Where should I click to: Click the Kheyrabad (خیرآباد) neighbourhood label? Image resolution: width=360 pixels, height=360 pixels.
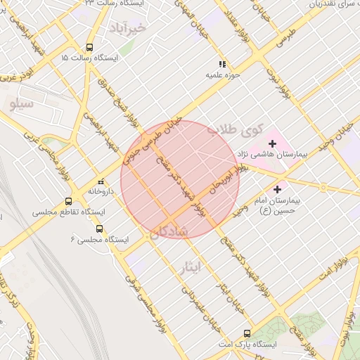tap(127, 28)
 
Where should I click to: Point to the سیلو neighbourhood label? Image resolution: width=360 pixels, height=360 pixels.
tap(22, 103)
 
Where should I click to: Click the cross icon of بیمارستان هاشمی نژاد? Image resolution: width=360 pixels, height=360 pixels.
tap(273, 143)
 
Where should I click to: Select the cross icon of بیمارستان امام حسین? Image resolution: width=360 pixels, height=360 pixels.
tap(277, 189)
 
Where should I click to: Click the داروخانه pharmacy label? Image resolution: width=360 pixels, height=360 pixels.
tap(101, 191)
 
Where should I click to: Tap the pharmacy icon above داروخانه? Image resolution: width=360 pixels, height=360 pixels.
tap(101, 181)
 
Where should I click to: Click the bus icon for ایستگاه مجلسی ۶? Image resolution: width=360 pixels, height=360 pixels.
tap(98, 229)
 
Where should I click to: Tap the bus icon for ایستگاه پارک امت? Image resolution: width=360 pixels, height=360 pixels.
tap(246, 333)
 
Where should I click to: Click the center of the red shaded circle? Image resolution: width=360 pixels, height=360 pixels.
tap(180, 179)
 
